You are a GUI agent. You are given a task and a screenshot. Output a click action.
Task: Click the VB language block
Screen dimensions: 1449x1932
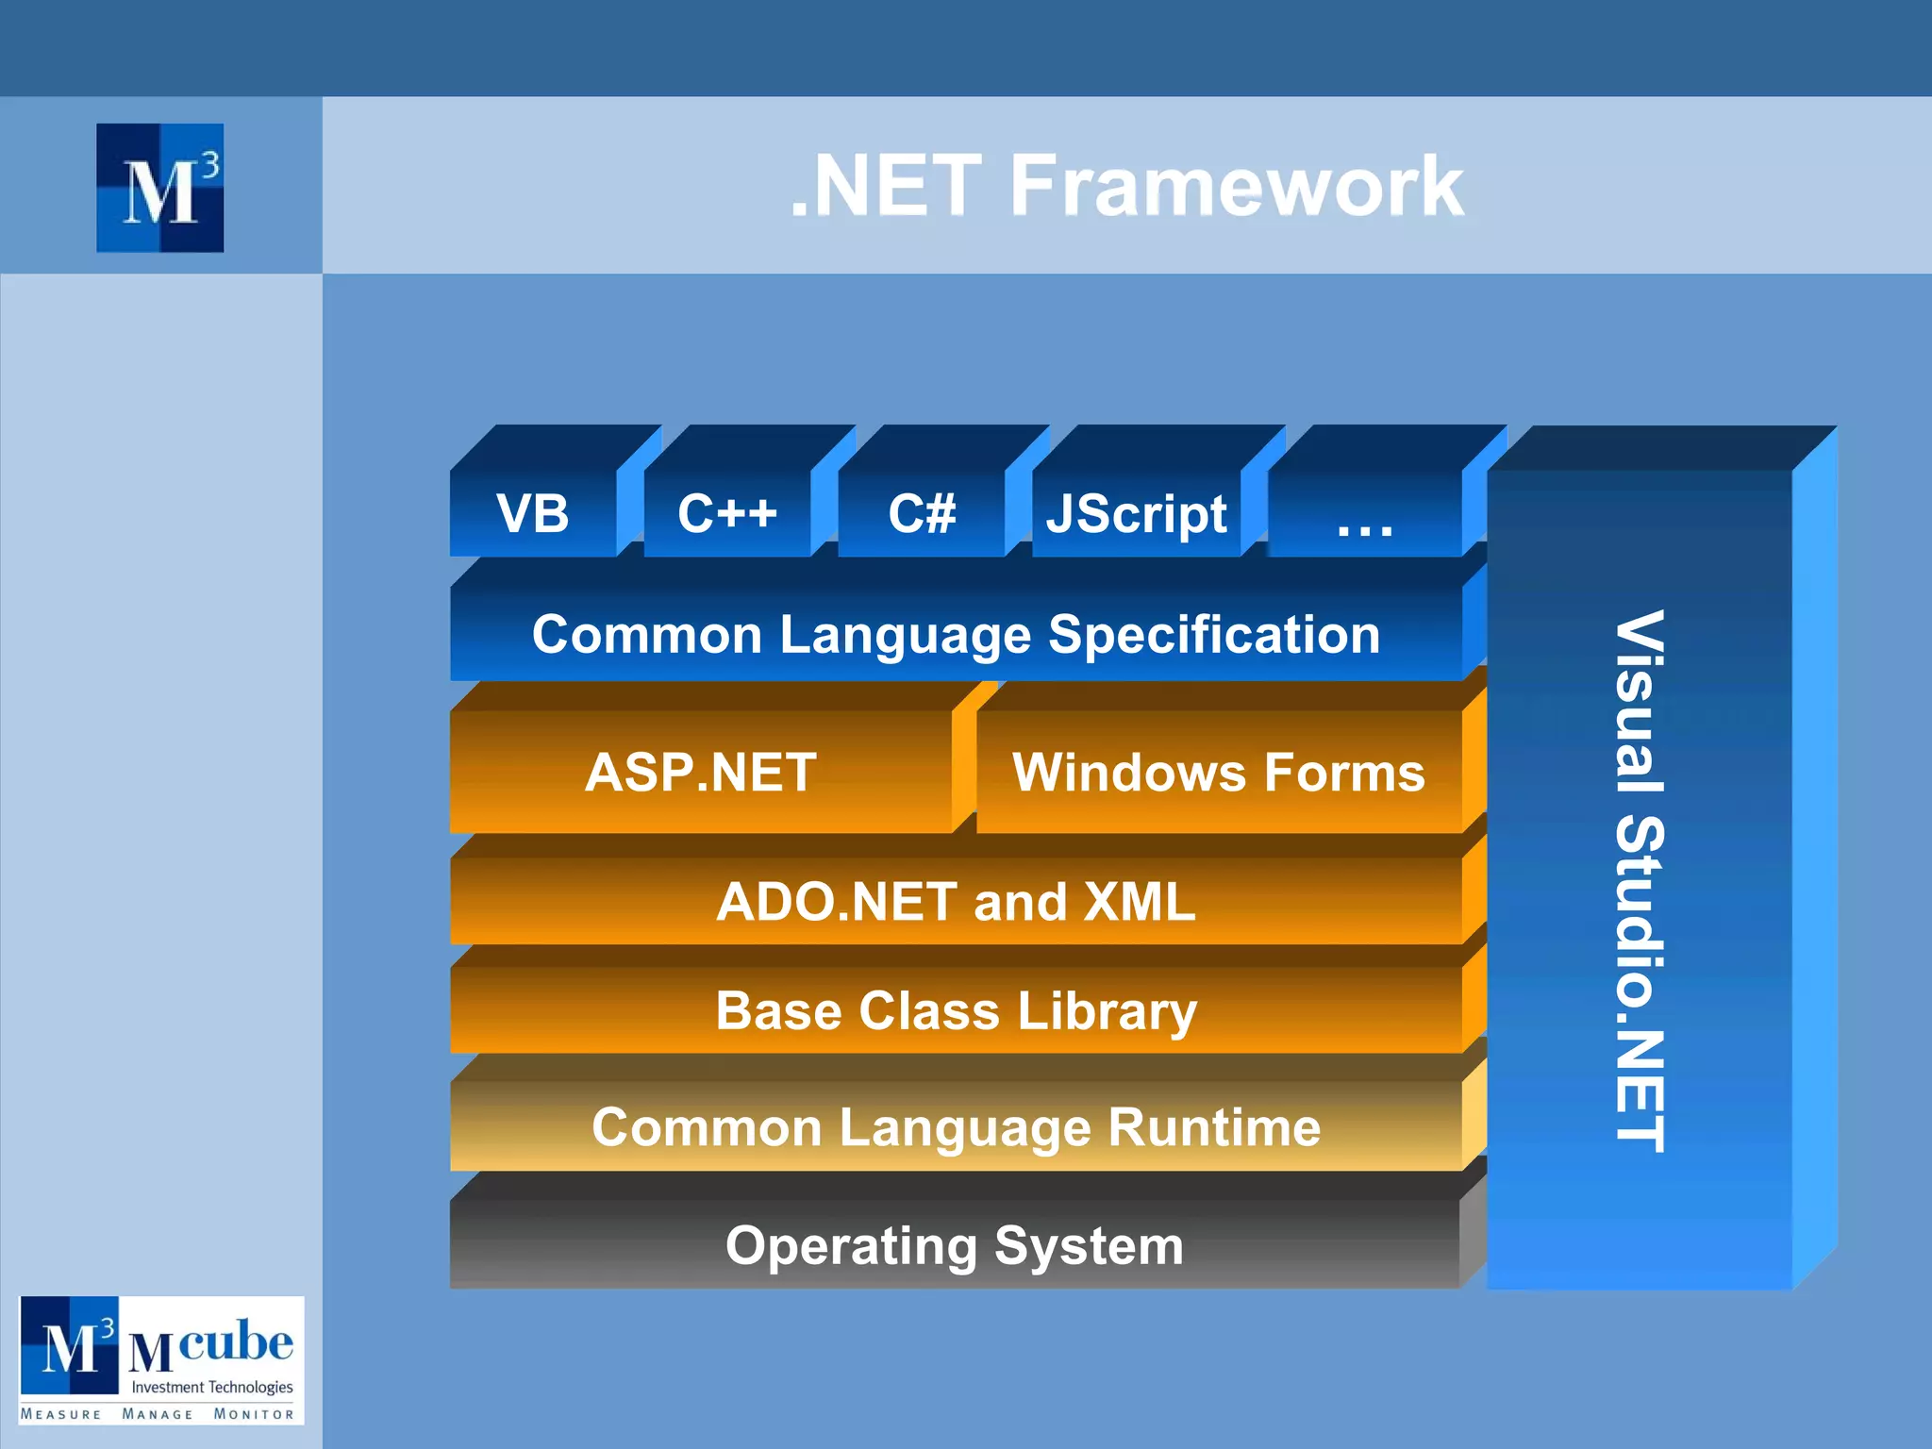(533, 513)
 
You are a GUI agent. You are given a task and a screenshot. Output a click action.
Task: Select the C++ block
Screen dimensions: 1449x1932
(727, 513)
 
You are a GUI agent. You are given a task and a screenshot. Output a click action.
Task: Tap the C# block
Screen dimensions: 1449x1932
(922, 513)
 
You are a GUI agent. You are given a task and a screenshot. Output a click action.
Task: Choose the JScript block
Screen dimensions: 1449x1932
(1136, 513)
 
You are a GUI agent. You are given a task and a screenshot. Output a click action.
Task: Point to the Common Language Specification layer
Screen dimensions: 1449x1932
(956, 634)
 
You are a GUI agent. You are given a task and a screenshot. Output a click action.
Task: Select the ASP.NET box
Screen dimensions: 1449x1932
(701, 772)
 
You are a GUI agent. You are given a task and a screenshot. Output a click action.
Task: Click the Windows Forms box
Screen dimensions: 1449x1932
(1218, 772)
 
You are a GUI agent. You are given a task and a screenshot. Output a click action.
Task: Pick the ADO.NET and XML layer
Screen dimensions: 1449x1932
(956, 901)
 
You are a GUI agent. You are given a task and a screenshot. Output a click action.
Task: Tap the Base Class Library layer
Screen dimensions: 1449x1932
(956, 1010)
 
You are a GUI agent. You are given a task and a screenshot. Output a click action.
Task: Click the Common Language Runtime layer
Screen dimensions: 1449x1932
(956, 1126)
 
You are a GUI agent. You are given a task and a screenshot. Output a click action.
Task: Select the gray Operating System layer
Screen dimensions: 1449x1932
(954, 1245)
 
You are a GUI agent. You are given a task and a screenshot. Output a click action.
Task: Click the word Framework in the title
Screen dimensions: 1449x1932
(1236, 186)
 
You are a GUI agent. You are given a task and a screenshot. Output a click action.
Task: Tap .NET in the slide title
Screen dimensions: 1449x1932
(886, 186)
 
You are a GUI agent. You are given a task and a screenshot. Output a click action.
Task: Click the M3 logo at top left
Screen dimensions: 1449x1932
(160, 188)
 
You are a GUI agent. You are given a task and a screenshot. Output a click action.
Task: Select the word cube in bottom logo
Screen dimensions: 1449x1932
(235, 1341)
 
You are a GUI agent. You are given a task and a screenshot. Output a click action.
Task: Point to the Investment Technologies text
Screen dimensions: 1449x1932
(211, 1387)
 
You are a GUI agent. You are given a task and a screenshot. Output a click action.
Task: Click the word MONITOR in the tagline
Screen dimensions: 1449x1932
(253, 1414)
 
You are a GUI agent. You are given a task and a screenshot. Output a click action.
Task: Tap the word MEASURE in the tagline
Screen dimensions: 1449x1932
(61, 1414)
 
